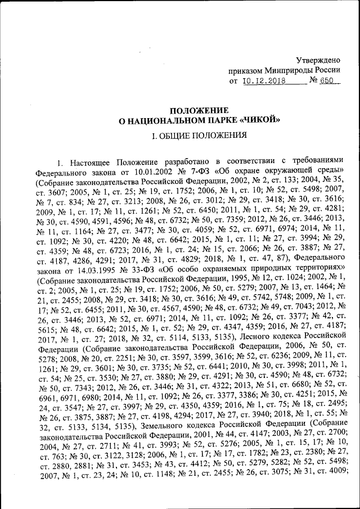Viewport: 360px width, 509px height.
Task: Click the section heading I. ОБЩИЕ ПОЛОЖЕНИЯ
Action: click(201, 136)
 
